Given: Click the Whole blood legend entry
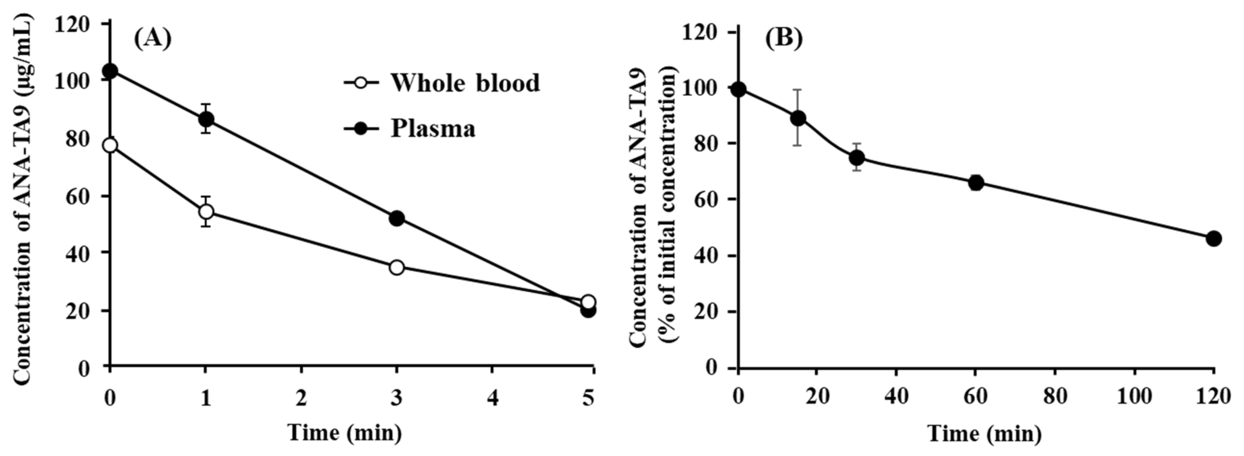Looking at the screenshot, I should [x=442, y=83].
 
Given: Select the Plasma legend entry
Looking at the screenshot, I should [x=411, y=128].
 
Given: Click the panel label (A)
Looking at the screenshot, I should [x=152, y=39].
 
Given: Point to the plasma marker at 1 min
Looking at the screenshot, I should [x=206, y=119].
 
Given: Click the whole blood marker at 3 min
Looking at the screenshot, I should [x=396, y=267].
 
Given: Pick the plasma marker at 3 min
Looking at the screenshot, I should [x=396, y=218].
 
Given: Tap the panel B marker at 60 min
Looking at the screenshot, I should [x=976, y=182].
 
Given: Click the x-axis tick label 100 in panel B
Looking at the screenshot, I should [x=1134, y=397].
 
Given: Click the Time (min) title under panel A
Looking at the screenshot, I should [x=345, y=432].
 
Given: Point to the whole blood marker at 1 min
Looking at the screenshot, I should [x=206, y=212].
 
